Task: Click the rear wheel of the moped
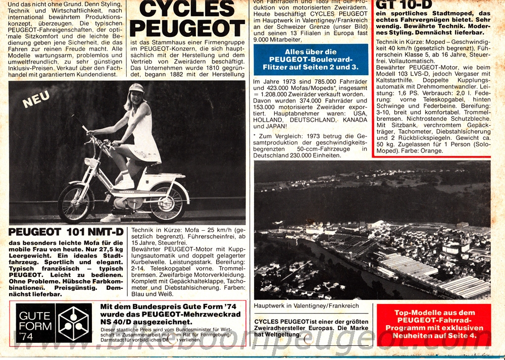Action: click(x=166, y=201)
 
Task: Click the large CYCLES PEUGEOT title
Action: click(x=187, y=18)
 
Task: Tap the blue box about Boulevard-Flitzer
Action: click(x=311, y=59)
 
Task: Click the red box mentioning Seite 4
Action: click(x=434, y=324)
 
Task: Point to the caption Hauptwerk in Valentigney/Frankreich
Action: click(x=307, y=306)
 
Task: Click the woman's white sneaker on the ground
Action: click(x=111, y=218)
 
